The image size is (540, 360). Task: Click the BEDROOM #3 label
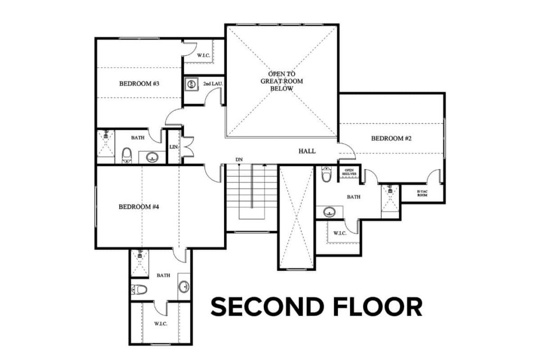click(x=136, y=84)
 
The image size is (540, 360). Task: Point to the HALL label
click(x=307, y=151)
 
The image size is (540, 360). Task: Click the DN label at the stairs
click(x=239, y=160)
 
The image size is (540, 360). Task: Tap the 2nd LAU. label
click(x=210, y=83)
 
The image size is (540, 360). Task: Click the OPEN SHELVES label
click(x=349, y=172)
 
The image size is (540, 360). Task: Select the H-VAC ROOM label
click(x=422, y=193)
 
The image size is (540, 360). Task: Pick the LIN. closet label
click(x=173, y=147)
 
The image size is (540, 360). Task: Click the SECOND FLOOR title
click(x=316, y=307)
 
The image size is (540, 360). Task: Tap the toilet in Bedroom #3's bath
click(x=127, y=155)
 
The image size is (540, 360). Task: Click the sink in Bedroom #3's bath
click(x=152, y=157)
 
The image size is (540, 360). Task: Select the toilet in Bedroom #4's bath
click(x=139, y=289)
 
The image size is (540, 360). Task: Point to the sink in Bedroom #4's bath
click(x=184, y=286)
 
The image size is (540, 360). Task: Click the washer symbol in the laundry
click(x=191, y=84)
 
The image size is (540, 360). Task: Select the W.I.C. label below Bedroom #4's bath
click(x=160, y=323)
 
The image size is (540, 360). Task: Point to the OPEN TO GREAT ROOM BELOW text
click(x=282, y=81)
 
